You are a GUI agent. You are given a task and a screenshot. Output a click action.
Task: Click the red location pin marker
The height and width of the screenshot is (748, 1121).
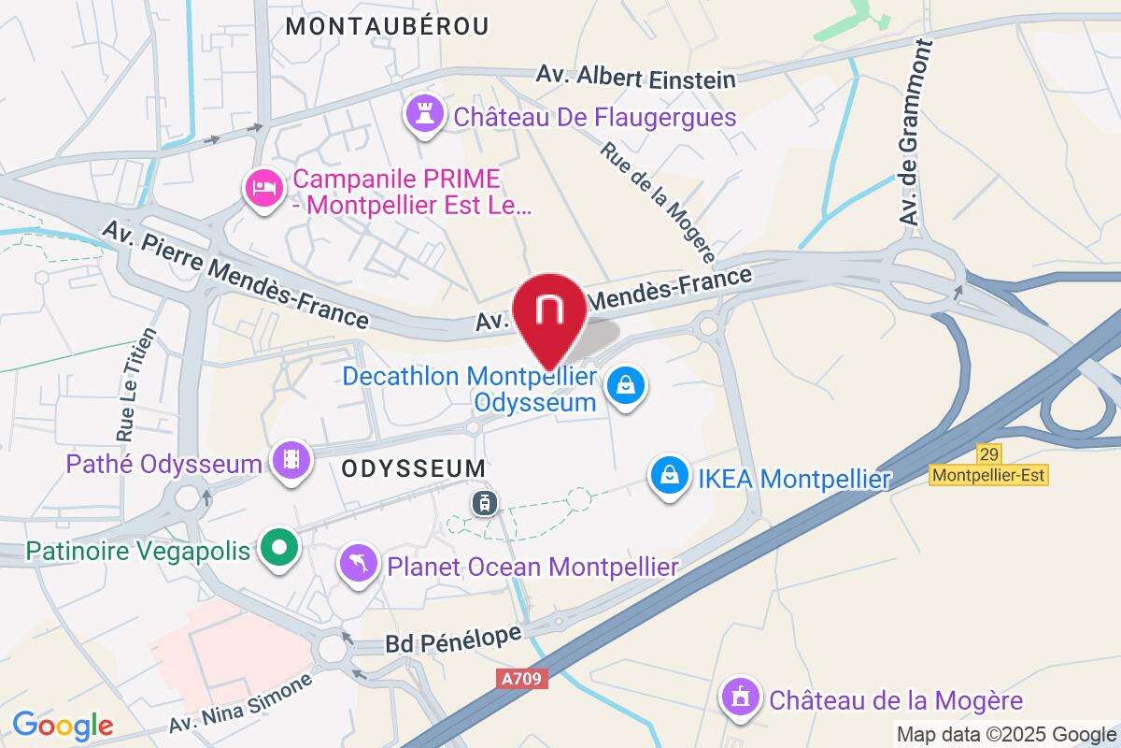click(549, 313)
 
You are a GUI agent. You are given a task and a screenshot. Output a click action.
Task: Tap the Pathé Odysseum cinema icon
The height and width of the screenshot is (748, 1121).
click(291, 459)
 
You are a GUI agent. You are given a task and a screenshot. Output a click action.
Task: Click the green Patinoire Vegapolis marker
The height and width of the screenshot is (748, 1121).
click(277, 547)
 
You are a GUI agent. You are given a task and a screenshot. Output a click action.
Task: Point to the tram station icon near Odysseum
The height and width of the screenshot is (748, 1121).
click(485, 503)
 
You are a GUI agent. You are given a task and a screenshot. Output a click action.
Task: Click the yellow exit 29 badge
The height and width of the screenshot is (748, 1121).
click(989, 454)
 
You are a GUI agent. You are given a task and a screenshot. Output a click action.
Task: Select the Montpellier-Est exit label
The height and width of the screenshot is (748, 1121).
click(989, 475)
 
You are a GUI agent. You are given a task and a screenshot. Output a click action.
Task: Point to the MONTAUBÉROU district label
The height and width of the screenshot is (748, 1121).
click(387, 27)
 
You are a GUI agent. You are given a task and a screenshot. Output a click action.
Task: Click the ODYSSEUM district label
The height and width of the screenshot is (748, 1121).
click(414, 467)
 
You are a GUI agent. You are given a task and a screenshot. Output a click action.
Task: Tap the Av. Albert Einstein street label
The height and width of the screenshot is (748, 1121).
click(636, 77)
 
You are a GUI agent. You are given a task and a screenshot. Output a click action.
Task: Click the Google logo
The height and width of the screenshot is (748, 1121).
click(63, 725)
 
